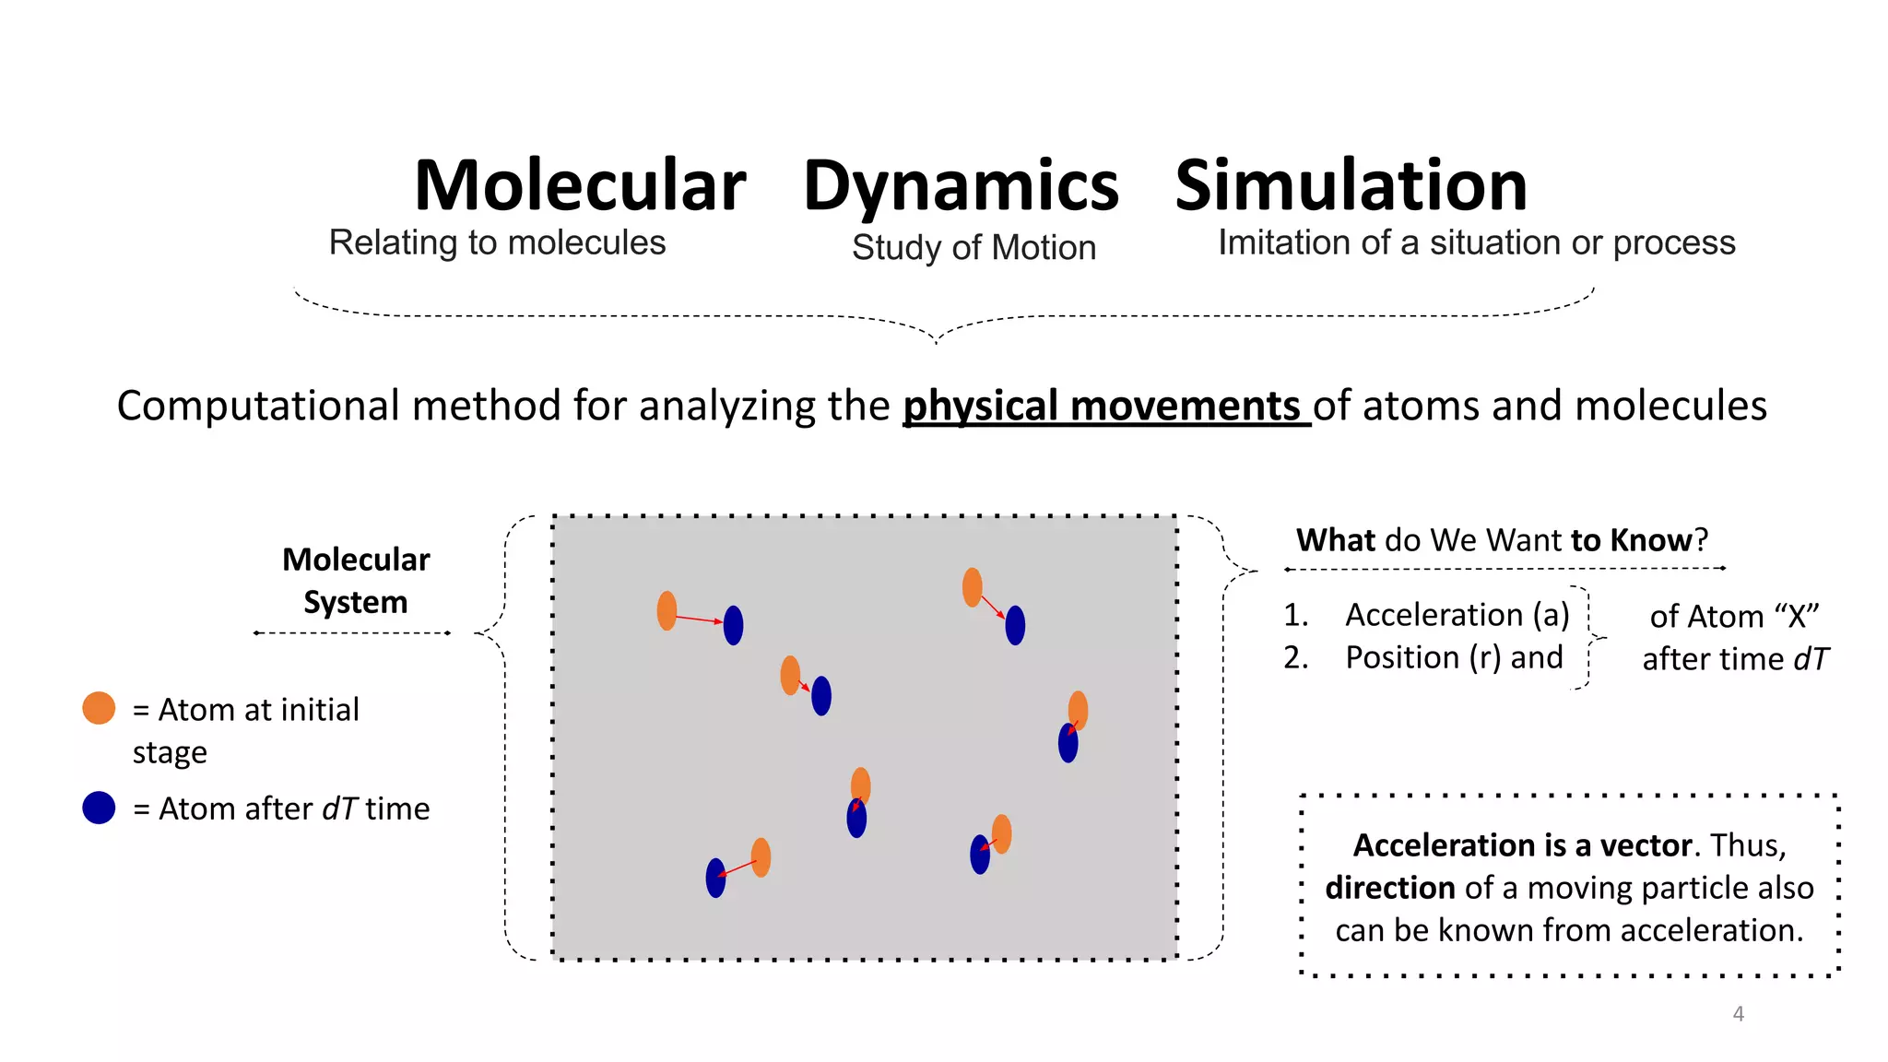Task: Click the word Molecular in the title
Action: [580, 186]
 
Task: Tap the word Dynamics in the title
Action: [961, 188]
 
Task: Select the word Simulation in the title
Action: [1351, 186]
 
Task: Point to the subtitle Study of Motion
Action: [973, 248]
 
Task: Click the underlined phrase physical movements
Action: [1103, 407]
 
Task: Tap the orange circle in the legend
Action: [99, 708]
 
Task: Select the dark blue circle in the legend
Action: [99, 808]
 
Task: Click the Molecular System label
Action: [356, 581]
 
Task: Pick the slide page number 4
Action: [1738, 1014]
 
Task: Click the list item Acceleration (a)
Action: [1457, 615]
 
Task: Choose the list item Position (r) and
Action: [1454, 657]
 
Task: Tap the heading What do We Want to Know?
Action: [1502, 540]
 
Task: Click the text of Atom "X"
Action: [1734, 616]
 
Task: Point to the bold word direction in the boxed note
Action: [1389, 888]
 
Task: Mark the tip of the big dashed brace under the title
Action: [937, 342]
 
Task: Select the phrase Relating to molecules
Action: [497, 243]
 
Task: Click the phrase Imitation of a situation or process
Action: [1476, 243]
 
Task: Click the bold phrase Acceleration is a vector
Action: [1522, 845]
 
